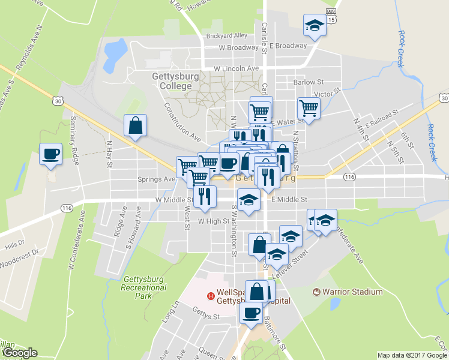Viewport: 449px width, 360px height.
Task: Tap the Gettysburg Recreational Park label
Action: click(144, 287)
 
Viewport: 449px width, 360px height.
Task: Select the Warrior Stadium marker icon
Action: click(317, 292)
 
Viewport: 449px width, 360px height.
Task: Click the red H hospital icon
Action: click(211, 295)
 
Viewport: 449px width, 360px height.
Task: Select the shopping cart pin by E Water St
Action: click(309, 109)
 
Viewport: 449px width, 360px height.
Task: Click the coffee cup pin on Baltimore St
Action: click(251, 313)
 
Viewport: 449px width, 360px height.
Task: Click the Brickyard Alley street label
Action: click(227, 36)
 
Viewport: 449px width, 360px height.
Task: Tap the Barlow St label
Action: click(309, 82)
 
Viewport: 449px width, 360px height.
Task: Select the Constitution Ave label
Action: click(182, 121)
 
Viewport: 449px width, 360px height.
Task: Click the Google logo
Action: click(19, 352)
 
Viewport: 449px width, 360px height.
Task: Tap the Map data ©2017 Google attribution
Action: click(412, 355)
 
